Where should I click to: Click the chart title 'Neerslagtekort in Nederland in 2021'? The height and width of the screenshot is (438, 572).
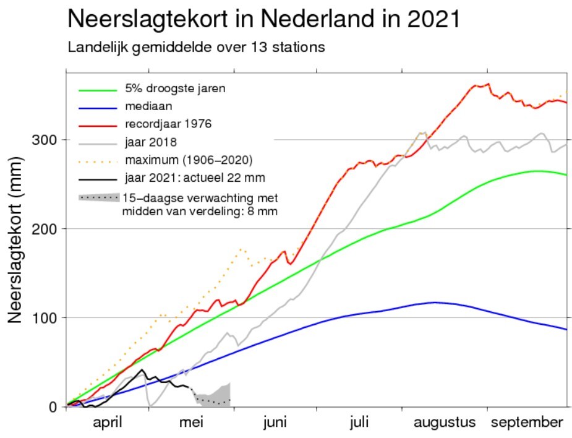[x=264, y=19]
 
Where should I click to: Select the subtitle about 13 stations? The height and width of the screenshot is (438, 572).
[x=196, y=48]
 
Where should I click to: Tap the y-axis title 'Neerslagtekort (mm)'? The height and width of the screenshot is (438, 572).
[x=15, y=240]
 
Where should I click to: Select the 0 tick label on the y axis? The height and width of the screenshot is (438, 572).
[x=54, y=407]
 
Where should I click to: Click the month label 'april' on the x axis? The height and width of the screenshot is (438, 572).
[x=108, y=423]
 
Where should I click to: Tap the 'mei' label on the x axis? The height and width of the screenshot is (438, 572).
[x=191, y=423]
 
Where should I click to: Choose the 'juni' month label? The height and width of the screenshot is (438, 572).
[x=275, y=423]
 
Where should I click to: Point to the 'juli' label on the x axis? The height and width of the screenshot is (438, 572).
[x=359, y=423]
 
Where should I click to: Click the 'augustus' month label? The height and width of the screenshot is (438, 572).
[x=445, y=423]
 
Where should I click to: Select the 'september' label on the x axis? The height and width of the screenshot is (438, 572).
[x=527, y=423]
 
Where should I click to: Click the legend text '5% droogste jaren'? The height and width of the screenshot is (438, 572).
[x=175, y=88]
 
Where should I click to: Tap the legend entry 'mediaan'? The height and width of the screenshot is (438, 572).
[x=148, y=106]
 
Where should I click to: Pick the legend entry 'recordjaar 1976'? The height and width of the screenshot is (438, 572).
[x=168, y=124]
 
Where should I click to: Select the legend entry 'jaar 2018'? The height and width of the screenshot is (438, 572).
[x=151, y=142]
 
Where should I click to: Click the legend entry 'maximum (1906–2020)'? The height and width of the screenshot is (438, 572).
[x=189, y=160]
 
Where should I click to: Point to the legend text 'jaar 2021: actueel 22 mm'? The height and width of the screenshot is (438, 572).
[x=195, y=178]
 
